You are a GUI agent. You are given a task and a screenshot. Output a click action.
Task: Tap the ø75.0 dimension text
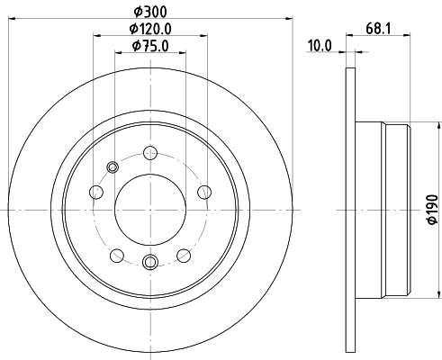pyautogui.click(x=149, y=46)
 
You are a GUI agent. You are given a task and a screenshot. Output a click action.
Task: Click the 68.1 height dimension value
pyautogui.click(x=378, y=29)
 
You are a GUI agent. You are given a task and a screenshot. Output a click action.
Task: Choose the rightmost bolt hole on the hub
pyautogui.click(x=203, y=191)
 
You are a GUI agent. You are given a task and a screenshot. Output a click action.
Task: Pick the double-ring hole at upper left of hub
pyautogui.click(x=113, y=166)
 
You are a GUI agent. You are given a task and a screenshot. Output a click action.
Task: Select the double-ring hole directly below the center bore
pyautogui.click(x=150, y=262)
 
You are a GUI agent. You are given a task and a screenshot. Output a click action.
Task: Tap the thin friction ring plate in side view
pyautogui.click(x=348, y=209)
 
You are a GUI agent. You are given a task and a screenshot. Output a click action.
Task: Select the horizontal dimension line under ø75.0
pyautogui.click(x=149, y=54)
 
